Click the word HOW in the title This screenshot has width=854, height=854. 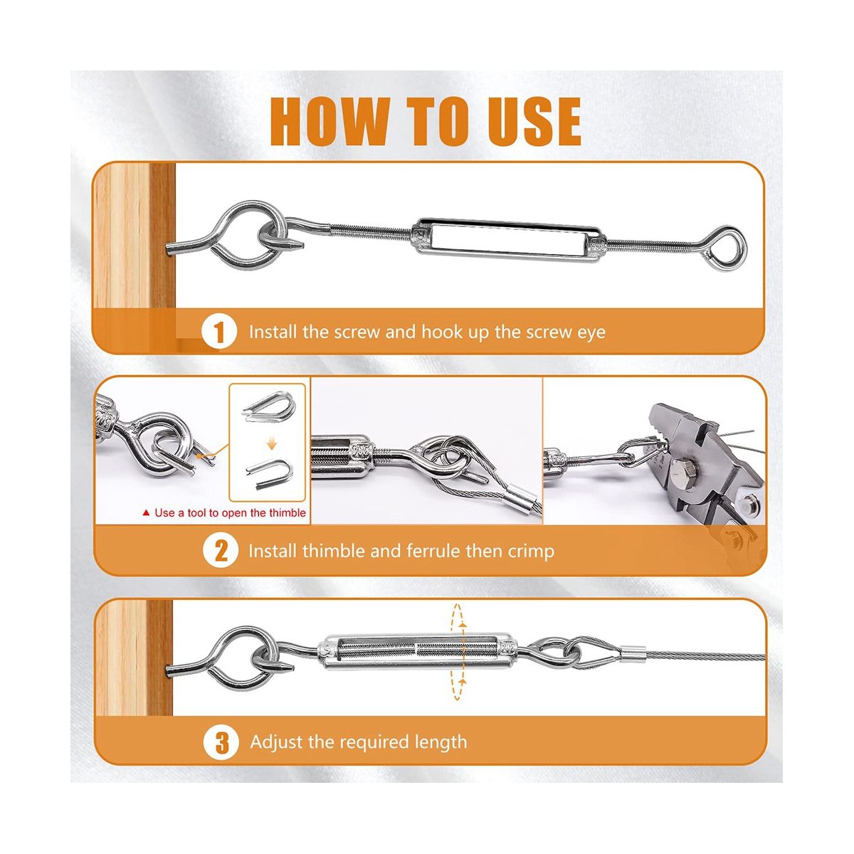pos(330,122)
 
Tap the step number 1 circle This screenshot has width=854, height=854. pos(219,332)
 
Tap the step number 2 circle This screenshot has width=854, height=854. pos(220,551)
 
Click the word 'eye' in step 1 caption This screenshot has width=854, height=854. pos(591,332)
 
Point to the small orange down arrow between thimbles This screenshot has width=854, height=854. pos(271,443)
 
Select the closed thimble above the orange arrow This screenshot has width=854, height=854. pos(267,406)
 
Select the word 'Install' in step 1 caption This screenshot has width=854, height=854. pos(273,332)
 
